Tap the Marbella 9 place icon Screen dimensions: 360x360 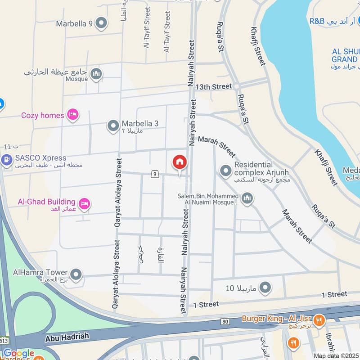102,22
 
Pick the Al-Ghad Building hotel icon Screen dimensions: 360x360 84,205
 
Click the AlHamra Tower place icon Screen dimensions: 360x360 76,274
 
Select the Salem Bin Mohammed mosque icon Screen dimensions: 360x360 247,198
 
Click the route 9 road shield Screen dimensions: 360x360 155,173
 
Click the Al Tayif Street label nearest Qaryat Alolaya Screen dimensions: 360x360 147,33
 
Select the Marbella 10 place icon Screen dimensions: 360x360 266,287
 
